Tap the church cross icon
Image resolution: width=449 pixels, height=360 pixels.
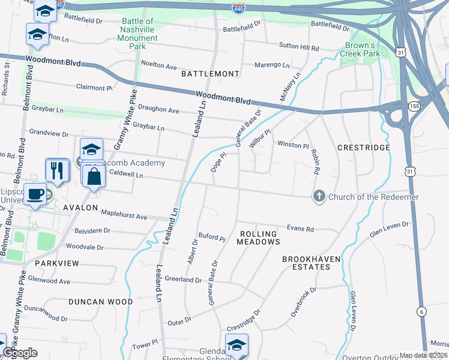point(319,196)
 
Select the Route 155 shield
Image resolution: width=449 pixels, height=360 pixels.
point(414,106)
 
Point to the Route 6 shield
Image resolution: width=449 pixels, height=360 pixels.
point(422,311)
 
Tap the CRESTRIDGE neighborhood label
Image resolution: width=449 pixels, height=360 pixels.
point(364,148)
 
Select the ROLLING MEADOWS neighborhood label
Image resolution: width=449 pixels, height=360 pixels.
point(258,238)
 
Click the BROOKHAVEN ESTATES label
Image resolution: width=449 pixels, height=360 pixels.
point(312,263)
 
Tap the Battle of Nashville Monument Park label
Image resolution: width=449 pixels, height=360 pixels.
point(139,34)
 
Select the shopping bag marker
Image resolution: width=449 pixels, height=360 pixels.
point(94,176)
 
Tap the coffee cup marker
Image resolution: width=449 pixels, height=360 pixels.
point(35,194)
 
